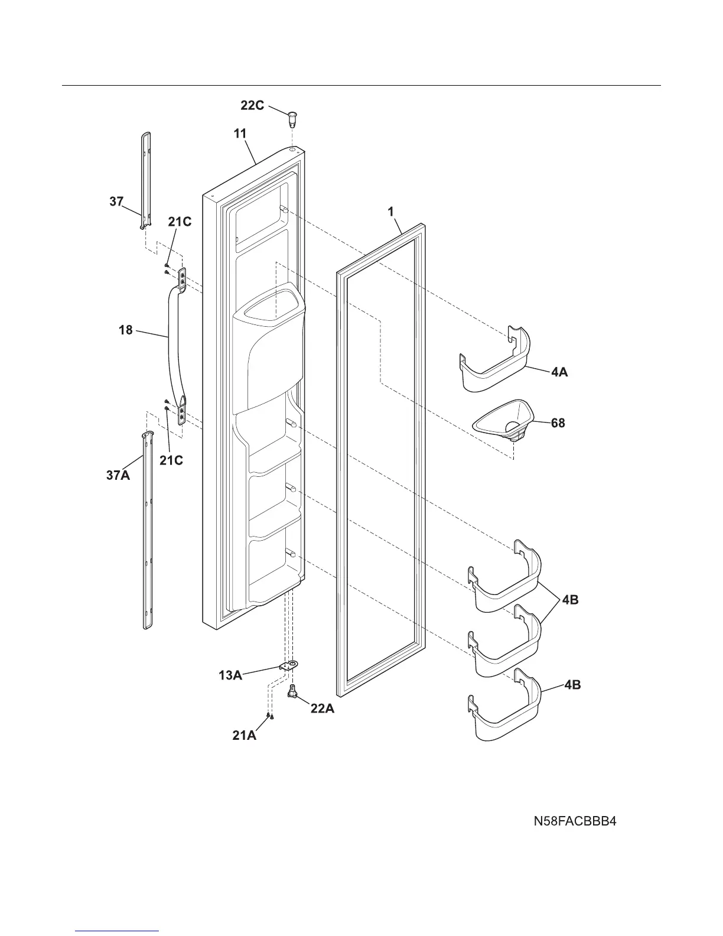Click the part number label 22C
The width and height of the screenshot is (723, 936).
pos(252,105)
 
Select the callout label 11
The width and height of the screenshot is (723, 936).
pos(240,134)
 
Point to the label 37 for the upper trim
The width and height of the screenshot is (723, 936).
pos(116,201)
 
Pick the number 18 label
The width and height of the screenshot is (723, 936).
pos(126,330)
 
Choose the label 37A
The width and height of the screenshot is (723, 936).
pos(118,474)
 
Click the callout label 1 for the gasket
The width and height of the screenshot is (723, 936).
pos(390,211)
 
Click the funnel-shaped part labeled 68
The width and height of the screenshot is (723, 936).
pos(504,420)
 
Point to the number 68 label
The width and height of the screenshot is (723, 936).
pos(558,423)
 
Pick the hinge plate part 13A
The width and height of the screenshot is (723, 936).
pos(288,666)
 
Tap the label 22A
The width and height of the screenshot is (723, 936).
pos(322,708)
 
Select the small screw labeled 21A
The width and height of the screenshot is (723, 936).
pos(269,716)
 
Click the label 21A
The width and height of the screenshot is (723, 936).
pos(244,736)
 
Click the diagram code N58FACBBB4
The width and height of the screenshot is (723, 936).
pos(575,821)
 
